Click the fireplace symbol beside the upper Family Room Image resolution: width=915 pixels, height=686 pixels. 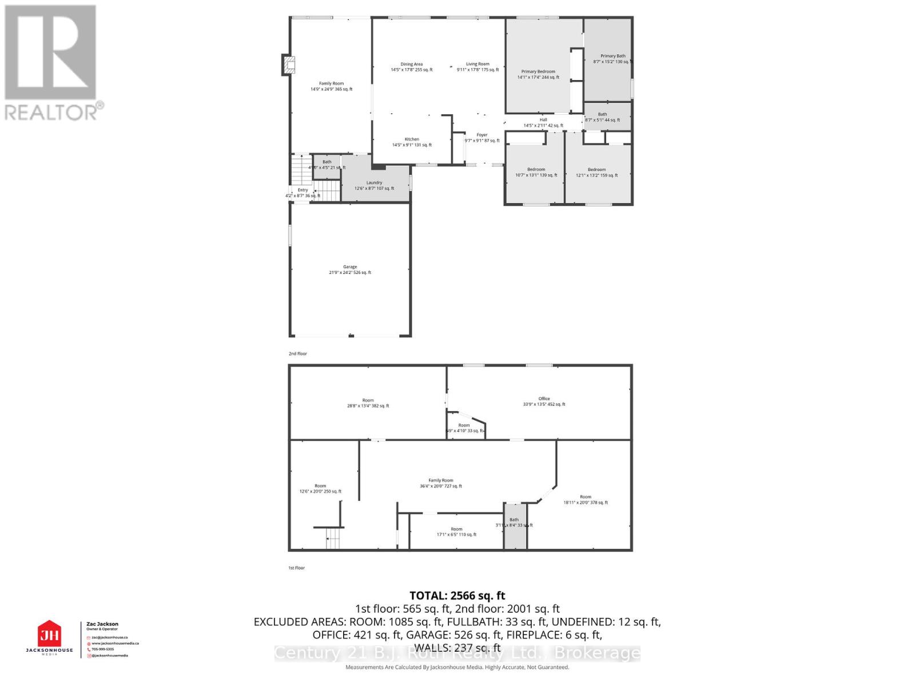[x=288, y=65]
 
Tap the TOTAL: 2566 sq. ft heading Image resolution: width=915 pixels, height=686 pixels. [x=457, y=596]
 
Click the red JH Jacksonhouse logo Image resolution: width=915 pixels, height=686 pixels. [x=49, y=635]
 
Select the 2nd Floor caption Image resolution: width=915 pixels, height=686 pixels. [x=297, y=354]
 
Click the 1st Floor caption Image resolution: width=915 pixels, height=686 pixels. [x=296, y=568]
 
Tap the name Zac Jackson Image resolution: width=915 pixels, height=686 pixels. [x=102, y=624]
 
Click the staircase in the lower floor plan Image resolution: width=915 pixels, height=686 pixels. [x=333, y=538]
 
